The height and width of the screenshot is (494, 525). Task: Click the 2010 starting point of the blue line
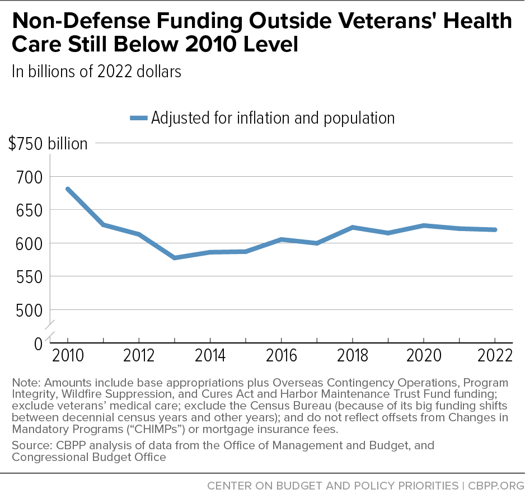(68, 190)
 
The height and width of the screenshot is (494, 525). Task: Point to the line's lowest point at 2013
(175, 258)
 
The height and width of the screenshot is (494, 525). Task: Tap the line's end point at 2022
(495, 229)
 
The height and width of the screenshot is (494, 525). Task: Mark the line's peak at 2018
(353, 228)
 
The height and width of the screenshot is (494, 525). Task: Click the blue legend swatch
(139, 118)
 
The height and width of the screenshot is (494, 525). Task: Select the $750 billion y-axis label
(48, 144)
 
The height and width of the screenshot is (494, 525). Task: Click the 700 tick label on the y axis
(30, 177)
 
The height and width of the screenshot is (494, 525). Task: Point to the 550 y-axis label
(30, 277)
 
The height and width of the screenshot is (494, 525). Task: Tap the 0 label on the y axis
(39, 344)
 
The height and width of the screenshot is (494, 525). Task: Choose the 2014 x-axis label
(210, 355)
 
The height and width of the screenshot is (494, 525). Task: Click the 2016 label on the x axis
(281, 355)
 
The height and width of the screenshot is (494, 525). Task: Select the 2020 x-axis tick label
(424, 355)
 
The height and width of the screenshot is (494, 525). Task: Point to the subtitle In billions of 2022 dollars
(96, 71)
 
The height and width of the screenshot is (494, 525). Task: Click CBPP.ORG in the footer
(496, 486)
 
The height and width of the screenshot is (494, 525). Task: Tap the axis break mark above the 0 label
(50, 330)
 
